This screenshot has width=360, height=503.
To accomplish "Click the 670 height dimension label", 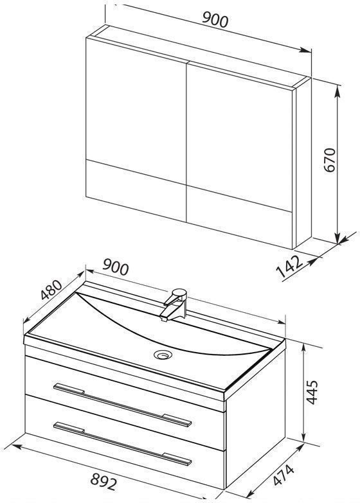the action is point(330,160).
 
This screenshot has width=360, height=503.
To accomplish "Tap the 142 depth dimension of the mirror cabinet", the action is point(290,266).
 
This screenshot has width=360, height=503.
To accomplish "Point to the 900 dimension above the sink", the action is point(116,267).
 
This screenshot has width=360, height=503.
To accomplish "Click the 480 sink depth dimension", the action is point(51,290).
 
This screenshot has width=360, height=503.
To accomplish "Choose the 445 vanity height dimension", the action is point(312,392).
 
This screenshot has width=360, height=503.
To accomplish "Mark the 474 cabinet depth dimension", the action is point(283,475).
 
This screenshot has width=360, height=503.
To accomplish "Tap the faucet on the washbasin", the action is point(174,304).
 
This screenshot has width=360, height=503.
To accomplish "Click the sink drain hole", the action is point(163,355).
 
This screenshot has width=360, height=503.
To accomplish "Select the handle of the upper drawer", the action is point(122,405).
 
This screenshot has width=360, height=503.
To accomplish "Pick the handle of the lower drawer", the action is point(122,444).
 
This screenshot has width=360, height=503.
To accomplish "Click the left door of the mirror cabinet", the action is point(136,129).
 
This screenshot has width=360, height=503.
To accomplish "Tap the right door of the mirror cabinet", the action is point(239,155).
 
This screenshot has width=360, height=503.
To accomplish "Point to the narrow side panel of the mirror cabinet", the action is point(303,163).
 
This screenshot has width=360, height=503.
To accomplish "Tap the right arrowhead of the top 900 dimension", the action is point(305,50).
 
